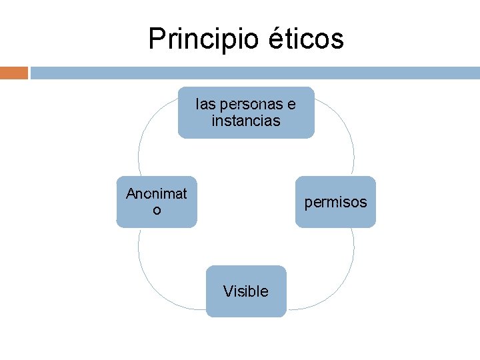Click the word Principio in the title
click(201, 39)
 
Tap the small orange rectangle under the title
click(13, 73)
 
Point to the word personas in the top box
click(250, 105)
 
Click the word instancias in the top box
click(246, 121)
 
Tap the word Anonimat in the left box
click(157, 194)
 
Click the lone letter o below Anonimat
click(157, 211)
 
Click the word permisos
click(335, 202)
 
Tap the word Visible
click(246, 291)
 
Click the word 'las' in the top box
click(205, 105)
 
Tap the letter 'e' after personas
click(292, 105)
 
